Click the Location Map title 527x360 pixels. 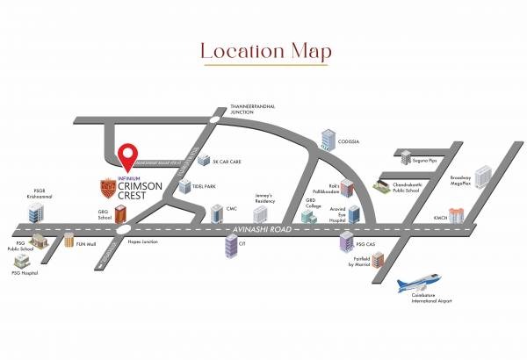265,52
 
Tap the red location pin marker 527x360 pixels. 131,155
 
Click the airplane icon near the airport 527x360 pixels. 423,285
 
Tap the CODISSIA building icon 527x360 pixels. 328,139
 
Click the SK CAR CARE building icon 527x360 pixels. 202,162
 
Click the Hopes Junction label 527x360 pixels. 141,240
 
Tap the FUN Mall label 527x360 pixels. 85,244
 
